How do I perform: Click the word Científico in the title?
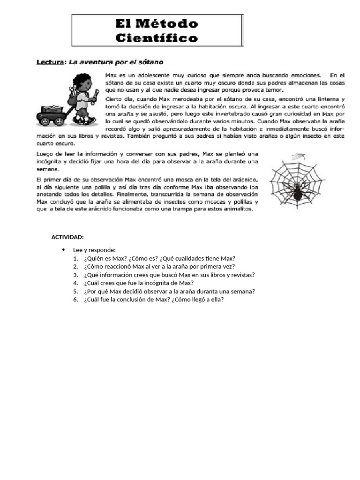click(157, 38)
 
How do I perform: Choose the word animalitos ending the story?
click(237, 209)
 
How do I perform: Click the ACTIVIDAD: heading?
click(67, 237)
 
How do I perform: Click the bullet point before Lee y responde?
click(63, 250)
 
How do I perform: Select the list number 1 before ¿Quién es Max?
click(75, 258)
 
